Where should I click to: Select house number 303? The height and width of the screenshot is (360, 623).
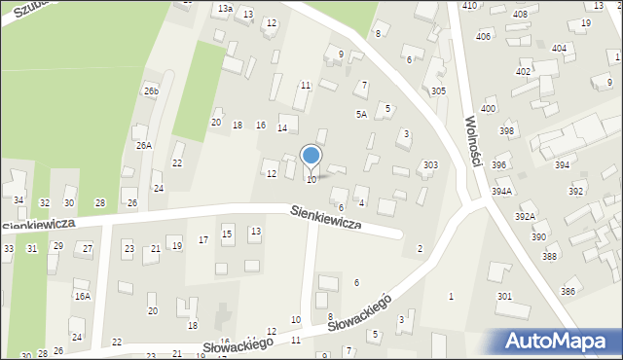coord(429,165)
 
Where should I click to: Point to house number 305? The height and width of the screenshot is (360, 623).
coord(438,90)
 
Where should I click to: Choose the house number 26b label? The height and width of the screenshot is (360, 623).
coord(151,90)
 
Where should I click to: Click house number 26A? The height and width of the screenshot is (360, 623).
coord(143,145)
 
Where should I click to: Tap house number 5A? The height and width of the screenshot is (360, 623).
coord(360,115)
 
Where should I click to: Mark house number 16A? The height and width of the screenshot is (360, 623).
coord(83,296)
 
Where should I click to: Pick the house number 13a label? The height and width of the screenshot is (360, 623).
coord(225,9)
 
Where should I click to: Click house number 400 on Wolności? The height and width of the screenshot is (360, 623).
coord(488,109)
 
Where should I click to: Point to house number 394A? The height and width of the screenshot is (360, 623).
coord(501,192)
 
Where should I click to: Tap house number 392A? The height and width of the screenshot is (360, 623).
coord(526,216)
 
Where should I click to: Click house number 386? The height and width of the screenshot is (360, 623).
coord(568,292)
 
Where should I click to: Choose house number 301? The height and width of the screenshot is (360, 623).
coord(504,296)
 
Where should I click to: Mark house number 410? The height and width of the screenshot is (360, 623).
coord(469,6)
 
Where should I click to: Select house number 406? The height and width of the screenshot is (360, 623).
coord(483,37)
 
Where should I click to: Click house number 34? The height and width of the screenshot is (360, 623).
coord(18,200)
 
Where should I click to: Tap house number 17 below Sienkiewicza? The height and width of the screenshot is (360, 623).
coord(203,239)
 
